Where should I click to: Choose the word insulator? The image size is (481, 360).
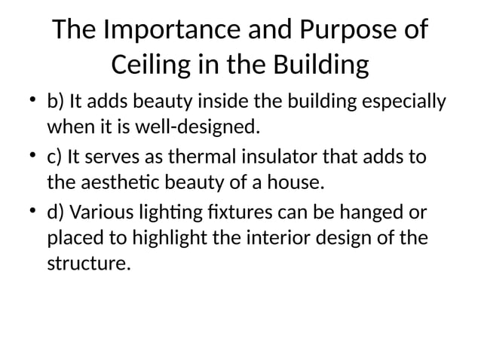click(x=290, y=158)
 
